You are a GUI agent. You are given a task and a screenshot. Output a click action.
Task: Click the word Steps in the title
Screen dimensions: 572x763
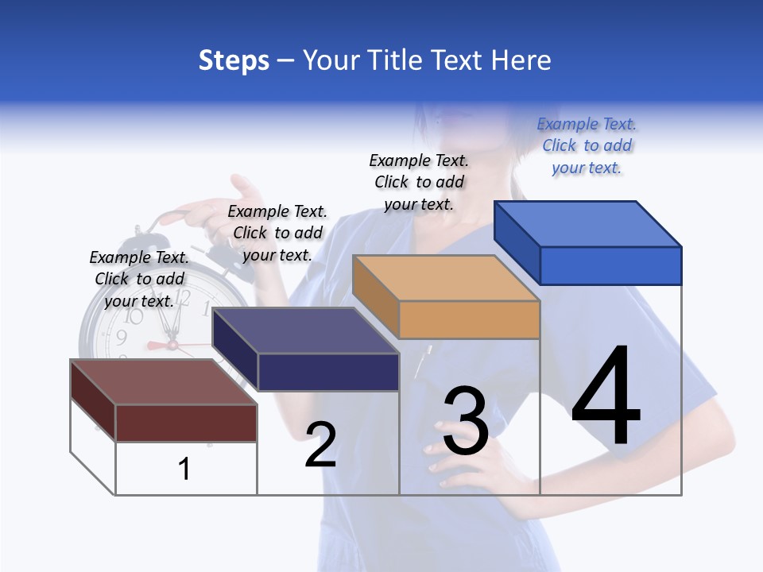point(234,60)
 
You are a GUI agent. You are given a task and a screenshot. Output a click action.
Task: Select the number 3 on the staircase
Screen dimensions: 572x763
point(466,421)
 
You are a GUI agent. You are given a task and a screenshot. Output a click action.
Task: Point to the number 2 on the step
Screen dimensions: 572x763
point(321,445)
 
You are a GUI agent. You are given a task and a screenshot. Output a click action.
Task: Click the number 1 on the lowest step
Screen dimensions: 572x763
point(184,469)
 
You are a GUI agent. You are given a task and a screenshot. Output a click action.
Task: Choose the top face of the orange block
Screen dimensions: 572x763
point(445,278)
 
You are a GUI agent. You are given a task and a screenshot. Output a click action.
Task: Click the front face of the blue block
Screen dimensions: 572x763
point(610,265)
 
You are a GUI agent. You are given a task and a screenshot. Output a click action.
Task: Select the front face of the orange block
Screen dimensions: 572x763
point(469,319)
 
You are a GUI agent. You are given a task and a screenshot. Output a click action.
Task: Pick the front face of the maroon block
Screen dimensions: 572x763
point(186,423)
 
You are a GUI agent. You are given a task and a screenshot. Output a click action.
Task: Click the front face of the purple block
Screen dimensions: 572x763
point(327,372)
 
